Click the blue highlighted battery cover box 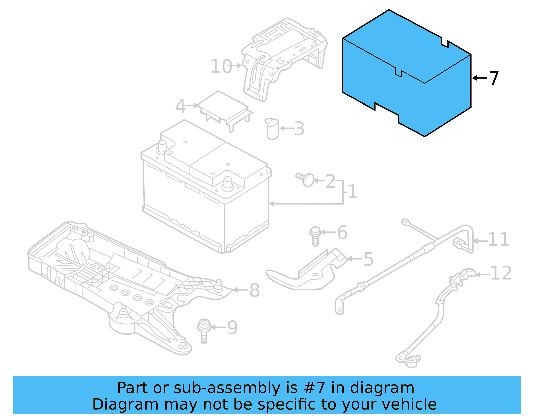pos(407,83)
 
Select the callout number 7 pos(493,78)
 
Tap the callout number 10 pos(221,66)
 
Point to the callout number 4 pos(180,106)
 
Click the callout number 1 pos(352,192)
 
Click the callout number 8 pos(255,290)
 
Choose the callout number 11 pos(498,240)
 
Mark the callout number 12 pos(501,273)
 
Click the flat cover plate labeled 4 pos(224,106)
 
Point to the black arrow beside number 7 pos(480,78)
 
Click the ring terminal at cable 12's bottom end pos(402,358)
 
